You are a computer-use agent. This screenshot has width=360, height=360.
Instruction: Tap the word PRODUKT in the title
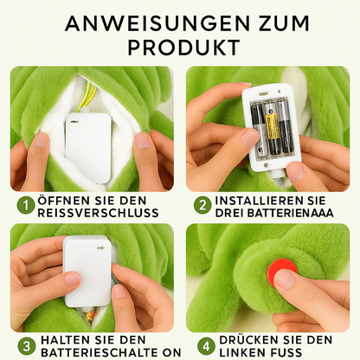[x=179, y=46]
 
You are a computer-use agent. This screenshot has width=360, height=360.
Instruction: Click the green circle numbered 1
[x=26, y=205]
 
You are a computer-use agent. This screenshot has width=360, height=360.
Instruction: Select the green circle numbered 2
[x=202, y=205]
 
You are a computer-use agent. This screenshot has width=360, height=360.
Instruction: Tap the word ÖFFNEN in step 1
[x=68, y=199]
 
